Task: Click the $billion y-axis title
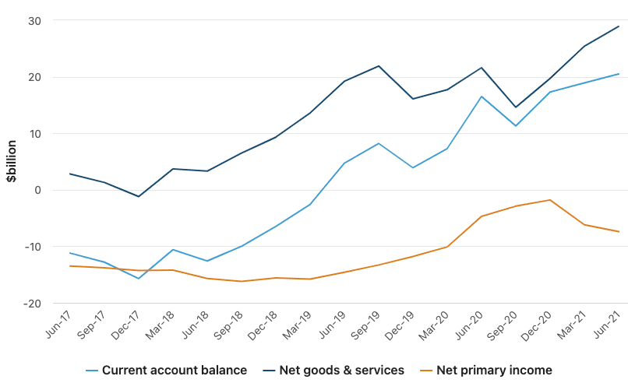(x=12, y=162)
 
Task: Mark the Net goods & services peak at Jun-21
(x=619, y=26)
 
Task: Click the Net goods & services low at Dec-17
(x=139, y=196)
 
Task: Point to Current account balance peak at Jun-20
(x=482, y=97)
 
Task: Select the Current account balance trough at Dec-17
(x=139, y=278)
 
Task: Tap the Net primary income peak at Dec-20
(x=550, y=200)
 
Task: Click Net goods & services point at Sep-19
(x=379, y=66)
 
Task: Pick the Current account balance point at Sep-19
(x=379, y=143)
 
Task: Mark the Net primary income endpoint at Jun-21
(x=619, y=231)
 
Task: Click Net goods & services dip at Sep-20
(x=516, y=107)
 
